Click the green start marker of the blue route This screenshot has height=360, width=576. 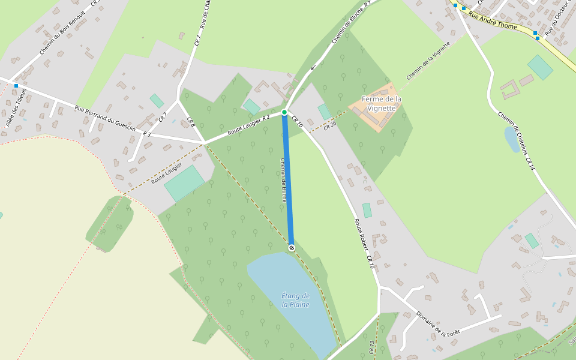[x=284, y=112]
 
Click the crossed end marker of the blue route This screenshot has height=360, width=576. [x=292, y=247]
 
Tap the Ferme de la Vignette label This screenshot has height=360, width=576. [x=382, y=103]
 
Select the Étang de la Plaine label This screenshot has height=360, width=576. [x=295, y=300]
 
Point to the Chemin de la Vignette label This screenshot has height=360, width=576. [x=428, y=61]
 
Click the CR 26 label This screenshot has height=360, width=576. [x=330, y=126]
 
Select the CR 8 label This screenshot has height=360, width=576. [x=191, y=121]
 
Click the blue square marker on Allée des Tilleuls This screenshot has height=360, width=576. [x=16, y=86]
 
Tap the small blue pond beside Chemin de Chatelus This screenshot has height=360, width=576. [x=512, y=139]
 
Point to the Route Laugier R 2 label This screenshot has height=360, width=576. [x=247, y=124]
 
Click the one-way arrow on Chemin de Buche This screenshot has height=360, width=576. [x=313, y=67]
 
